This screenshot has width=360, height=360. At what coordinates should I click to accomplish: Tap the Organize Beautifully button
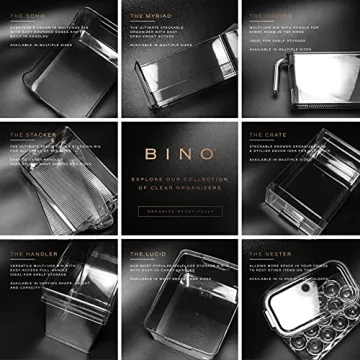[179, 208]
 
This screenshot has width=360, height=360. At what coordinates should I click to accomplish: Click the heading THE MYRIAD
[150, 15]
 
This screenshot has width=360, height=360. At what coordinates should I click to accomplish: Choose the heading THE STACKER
[29, 134]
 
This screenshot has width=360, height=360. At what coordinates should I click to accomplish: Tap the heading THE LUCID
[147, 253]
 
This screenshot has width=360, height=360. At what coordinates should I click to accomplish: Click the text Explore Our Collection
[179, 181]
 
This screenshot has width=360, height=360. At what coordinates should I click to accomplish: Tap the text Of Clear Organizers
[179, 190]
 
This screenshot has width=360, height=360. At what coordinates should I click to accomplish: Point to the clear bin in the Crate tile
[300, 200]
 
